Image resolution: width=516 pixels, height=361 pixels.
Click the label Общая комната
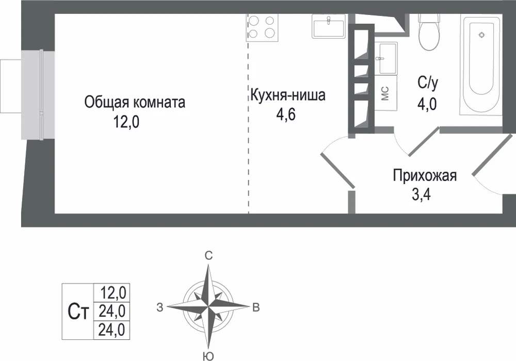pos(135,103)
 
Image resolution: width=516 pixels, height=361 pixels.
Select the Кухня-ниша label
pos(287,96)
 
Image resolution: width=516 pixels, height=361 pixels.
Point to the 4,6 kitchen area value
pos(286,114)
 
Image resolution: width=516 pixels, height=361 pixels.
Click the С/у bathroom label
pos(428,83)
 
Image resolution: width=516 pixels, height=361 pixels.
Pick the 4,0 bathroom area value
pos(427,104)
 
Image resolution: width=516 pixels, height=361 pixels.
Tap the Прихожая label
pos(425,176)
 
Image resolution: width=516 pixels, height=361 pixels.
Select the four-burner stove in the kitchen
pos(262,26)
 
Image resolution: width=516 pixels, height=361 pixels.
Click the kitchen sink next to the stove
pos(329,26)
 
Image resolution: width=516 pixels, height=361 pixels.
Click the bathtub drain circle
pos(481,35)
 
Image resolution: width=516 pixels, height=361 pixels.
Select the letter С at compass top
pos(208,256)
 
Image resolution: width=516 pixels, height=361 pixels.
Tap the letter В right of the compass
pos(256,308)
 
